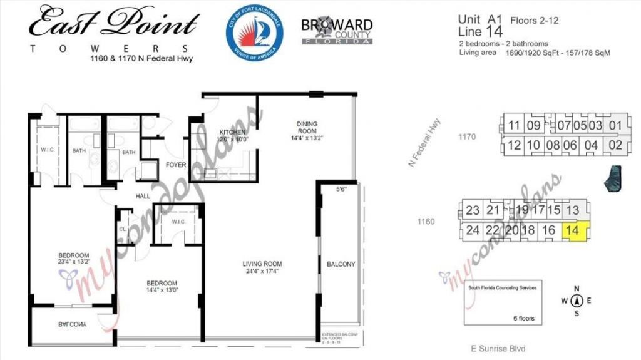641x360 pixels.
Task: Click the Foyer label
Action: [174, 165]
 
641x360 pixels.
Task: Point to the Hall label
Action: [143, 196]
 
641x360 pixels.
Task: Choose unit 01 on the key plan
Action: [615, 125]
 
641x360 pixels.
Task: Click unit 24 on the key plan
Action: [473, 230]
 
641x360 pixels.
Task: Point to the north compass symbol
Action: [578, 300]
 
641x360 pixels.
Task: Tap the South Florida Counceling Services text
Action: [502, 289]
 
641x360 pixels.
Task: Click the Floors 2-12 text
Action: [534, 21]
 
